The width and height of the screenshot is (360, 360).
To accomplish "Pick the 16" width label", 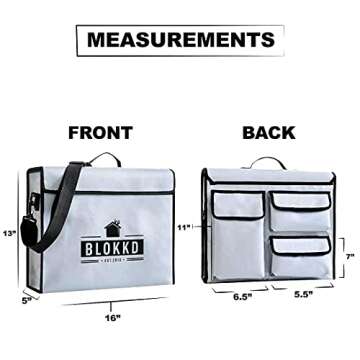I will click(x=111, y=318).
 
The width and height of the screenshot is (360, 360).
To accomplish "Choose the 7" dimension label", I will click(x=350, y=256).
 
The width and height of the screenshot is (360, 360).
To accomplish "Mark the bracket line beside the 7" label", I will click(x=340, y=256).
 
